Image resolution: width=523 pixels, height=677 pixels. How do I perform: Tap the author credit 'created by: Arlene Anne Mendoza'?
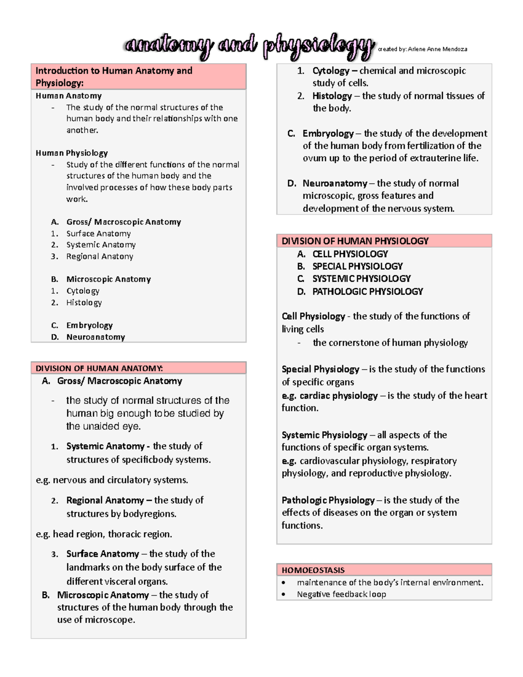(x=422, y=49)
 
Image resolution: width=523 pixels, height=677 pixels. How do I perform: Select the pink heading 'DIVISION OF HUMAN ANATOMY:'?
(x=99, y=368)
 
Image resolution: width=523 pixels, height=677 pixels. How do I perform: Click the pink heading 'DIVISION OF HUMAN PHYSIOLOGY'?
(x=355, y=241)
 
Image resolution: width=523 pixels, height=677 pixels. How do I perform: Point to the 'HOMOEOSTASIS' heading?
(x=313, y=570)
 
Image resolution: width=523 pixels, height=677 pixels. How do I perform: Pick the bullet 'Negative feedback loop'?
(x=341, y=594)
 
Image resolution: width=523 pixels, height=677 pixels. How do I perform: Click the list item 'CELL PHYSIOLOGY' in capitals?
(x=350, y=254)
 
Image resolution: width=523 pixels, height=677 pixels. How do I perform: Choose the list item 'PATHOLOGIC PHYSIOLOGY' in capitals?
(x=367, y=291)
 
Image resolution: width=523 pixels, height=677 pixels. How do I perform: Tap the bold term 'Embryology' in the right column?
(x=328, y=133)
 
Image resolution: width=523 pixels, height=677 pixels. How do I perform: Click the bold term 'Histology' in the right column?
(x=332, y=96)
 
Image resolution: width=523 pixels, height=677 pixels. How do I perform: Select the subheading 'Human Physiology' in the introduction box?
(x=71, y=153)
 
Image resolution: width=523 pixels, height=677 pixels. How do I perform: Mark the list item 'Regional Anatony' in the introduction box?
(x=99, y=256)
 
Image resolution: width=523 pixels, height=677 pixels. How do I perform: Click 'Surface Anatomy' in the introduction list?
(x=98, y=234)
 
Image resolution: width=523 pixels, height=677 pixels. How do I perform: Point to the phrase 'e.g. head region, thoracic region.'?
(x=104, y=534)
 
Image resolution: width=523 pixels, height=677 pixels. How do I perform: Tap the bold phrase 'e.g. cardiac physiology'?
(x=330, y=395)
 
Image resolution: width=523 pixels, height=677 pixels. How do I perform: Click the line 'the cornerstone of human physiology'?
(x=390, y=343)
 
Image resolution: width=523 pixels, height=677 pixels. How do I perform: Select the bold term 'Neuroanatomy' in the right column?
(x=335, y=183)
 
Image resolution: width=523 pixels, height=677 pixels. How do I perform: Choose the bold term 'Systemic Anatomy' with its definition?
(x=105, y=446)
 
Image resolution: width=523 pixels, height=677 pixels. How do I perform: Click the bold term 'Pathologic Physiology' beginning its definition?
(x=328, y=500)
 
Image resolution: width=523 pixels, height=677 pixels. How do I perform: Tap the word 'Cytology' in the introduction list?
(x=83, y=291)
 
